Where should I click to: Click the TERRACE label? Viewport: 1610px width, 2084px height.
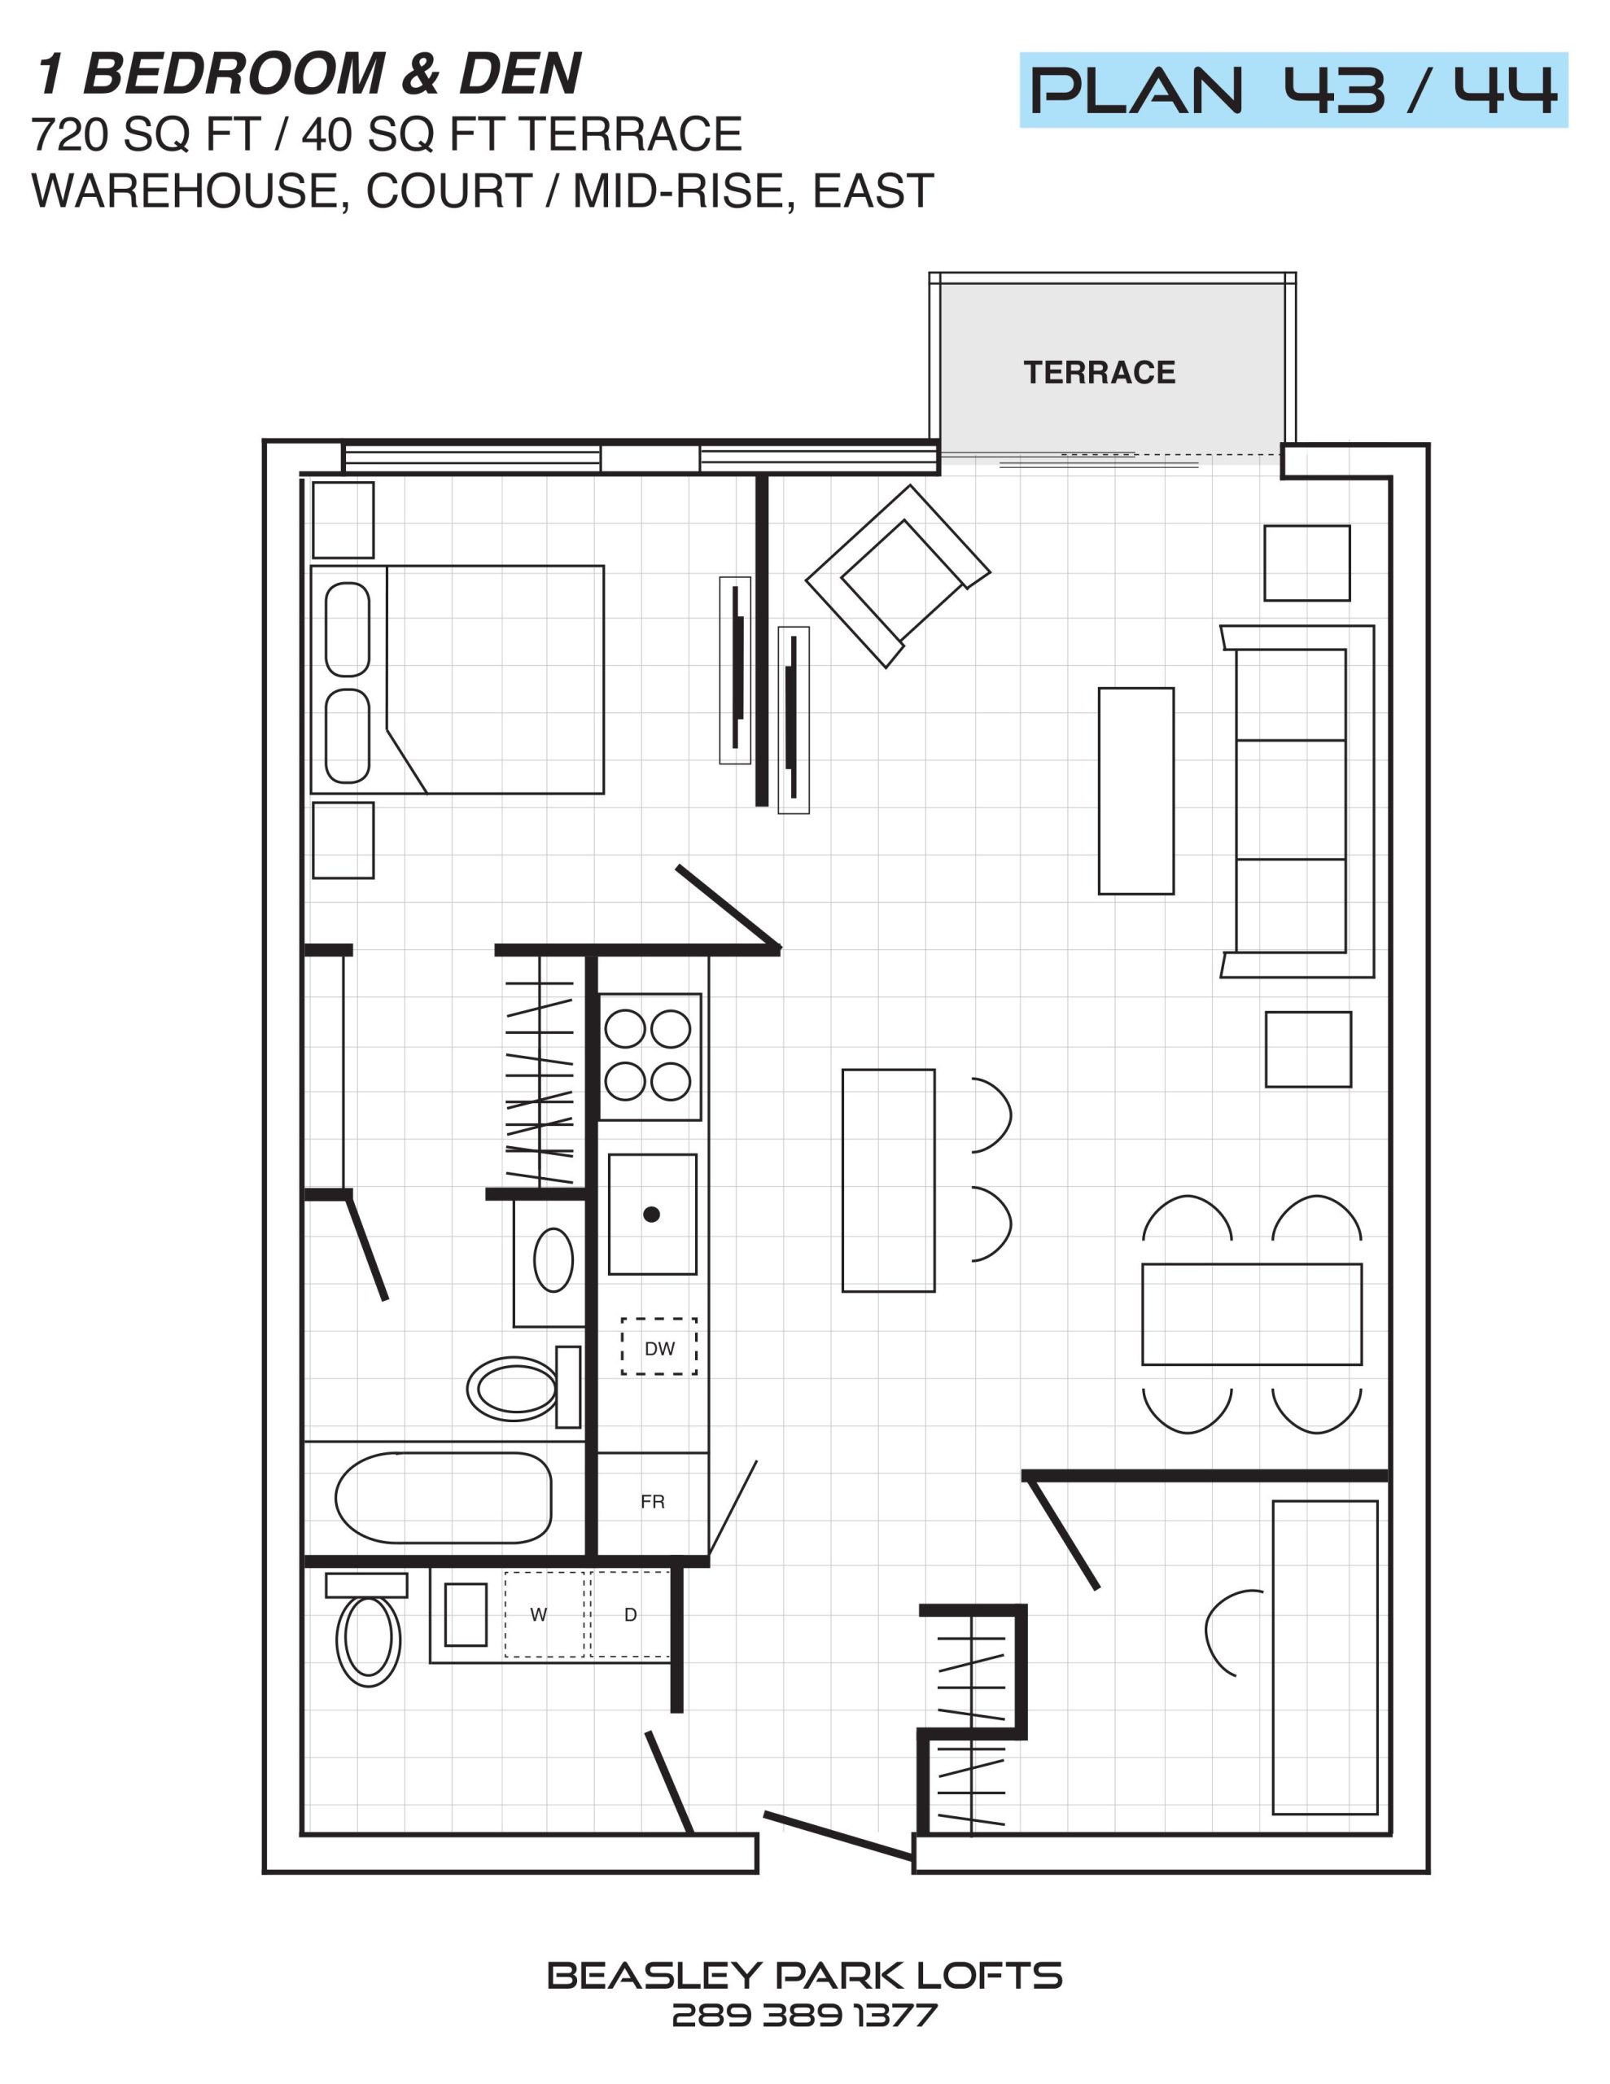coord(1099,372)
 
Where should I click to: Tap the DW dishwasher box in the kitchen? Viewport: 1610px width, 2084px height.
coord(658,1346)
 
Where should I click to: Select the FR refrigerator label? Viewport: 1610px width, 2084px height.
coord(653,1502)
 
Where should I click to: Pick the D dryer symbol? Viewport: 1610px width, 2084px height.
coord(630,1614)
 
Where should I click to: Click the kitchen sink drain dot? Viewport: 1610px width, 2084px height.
coord(652,1215)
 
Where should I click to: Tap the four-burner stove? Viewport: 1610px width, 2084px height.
coord(650,1057)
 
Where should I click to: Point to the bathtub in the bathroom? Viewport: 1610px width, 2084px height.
coord(443,1497)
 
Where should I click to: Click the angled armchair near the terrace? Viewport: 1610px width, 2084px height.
coord(898,576)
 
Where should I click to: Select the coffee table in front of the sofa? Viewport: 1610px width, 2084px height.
coord(1135,791)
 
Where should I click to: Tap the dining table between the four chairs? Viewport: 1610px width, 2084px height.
coord(1251,1314)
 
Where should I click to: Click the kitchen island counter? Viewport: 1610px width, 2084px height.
coord(887,1180)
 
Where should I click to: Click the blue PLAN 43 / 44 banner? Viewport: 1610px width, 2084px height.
coord(1293,90)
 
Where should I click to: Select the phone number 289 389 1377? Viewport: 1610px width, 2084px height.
coord(804,2016)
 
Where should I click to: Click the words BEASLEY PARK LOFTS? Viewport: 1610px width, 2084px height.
coord(804,1975)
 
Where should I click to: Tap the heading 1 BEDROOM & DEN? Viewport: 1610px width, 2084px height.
coord(308,73)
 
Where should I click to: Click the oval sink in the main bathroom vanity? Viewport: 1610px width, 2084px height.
coord(553,1259)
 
